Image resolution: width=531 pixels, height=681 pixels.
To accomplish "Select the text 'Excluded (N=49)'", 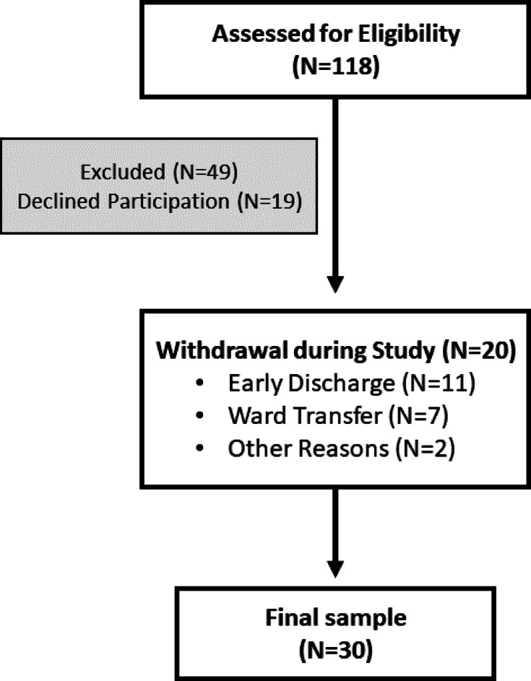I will pos(161,173).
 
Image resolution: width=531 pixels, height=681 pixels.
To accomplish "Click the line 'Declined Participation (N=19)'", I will pos(161,202).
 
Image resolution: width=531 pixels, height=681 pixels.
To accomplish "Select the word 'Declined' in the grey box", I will pos(53,202).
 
